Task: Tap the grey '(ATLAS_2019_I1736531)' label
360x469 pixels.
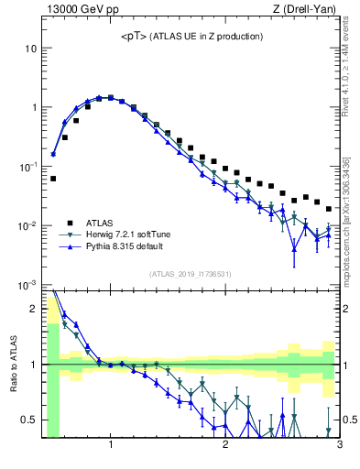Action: tap(191, 274)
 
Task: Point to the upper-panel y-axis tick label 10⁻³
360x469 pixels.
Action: tap(28, 285)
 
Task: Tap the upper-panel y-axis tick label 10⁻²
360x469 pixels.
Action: tap(28, 225)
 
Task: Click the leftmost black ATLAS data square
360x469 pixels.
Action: tap(53, 179)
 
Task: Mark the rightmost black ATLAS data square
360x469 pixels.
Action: tap(329, 209)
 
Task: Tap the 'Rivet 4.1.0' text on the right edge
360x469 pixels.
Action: tap(351, 92)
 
